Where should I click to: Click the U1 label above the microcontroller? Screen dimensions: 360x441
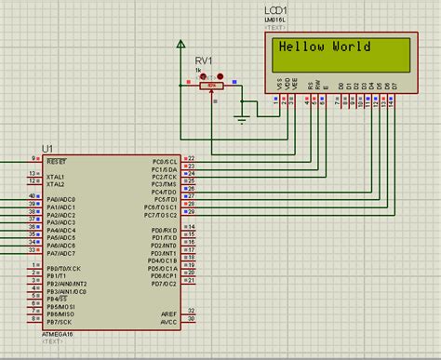pos(47,149)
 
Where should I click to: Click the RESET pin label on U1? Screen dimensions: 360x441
pos(58,160)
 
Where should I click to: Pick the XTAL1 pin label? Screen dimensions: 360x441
pos(56,175)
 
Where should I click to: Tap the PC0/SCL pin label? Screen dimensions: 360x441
pos(164,160)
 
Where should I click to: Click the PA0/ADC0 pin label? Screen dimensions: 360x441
pos(60,198)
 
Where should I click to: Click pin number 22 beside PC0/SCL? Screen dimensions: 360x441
pos(191,159)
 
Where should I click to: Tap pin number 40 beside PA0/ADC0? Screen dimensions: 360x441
pos(33,198)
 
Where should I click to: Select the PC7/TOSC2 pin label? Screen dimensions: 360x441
pos(161,214)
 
